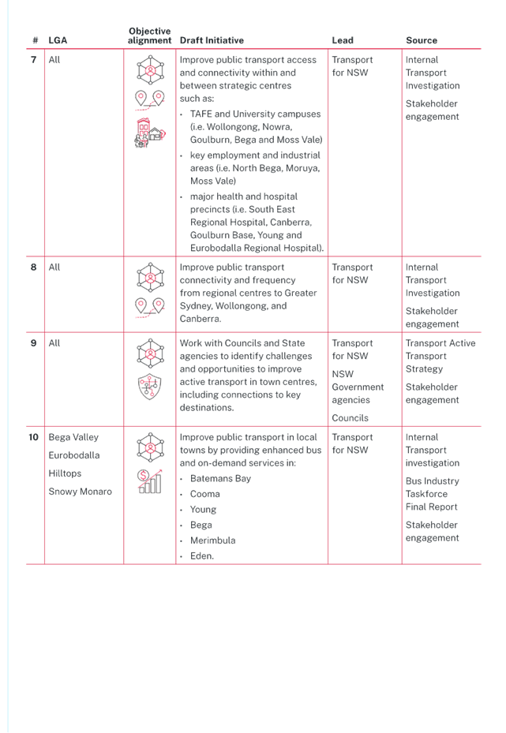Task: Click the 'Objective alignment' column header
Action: (150, 36)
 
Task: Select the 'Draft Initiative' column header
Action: (212, 40)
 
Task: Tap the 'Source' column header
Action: (422, 40)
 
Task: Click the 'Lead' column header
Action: (343, 40)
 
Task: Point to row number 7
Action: (34, 60)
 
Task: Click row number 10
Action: (34, 437)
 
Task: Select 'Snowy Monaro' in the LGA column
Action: (80, 492)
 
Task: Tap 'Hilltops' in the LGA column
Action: (65, 473)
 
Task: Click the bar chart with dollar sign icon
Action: (150, 481)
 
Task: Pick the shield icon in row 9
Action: (150, 387)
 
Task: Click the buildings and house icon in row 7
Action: (150, 133)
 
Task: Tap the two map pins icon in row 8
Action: (150, 308)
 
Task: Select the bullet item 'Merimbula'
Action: (213, 540)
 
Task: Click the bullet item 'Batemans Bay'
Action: (220, 479)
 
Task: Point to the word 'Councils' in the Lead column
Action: (350, 418)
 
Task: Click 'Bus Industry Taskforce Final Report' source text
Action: (432, 494)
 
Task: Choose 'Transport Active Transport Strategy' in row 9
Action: (440, 356)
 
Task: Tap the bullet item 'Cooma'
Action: (204, 494)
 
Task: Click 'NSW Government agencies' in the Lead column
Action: (358, 387)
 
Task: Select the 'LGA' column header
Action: (58, 40)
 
